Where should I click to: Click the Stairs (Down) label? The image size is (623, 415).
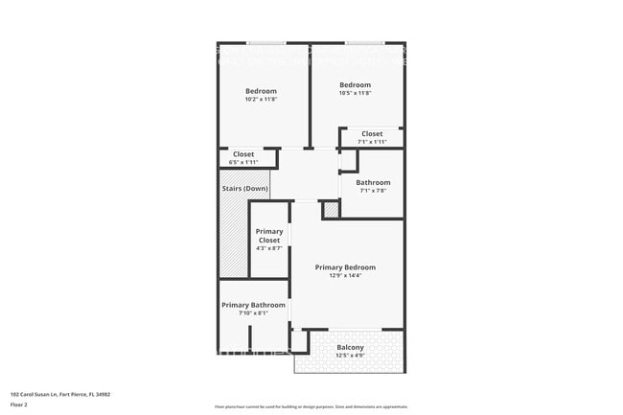244,189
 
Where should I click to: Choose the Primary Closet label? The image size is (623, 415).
268,236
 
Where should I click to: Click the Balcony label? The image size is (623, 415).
350,347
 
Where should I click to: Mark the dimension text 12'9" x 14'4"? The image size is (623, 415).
346,276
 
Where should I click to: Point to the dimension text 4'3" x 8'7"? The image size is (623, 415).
268,249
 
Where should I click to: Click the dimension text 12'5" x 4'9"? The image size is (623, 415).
350,356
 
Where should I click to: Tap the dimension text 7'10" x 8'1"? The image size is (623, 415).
253,313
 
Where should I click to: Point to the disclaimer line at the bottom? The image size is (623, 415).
311,406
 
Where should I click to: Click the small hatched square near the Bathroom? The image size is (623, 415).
330,208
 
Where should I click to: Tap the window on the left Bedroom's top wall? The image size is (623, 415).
265,42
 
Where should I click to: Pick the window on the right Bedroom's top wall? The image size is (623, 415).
364,42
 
